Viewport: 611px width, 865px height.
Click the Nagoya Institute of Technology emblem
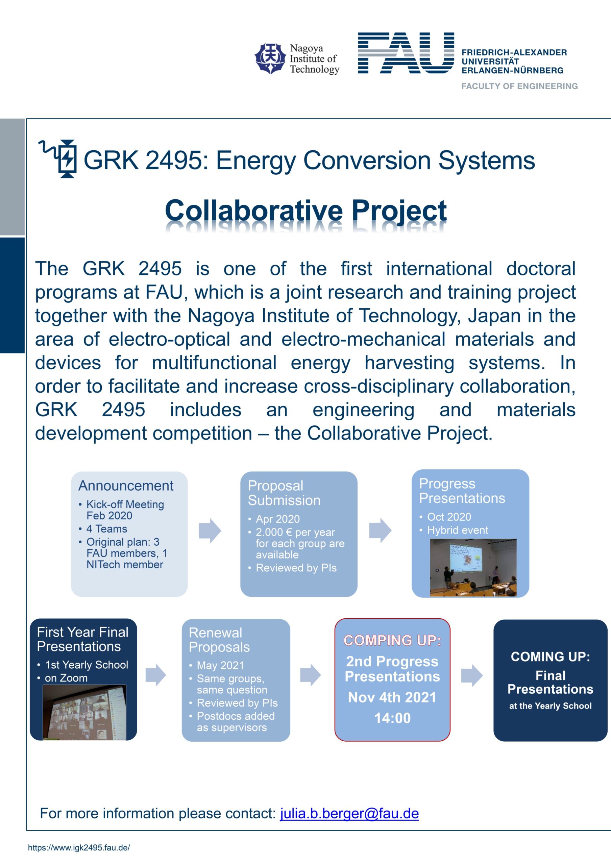[x=270, y=58]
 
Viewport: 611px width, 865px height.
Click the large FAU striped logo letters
[x=406, y=53]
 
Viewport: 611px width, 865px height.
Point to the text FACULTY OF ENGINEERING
[x=519, y=86]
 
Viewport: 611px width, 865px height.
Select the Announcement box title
[x=126, y=486]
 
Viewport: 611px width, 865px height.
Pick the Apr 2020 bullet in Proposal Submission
[x=278, y=519]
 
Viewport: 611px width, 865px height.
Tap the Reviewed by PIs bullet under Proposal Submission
[x=296, y=568]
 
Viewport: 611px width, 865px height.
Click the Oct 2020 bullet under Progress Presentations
[x=449, y=517]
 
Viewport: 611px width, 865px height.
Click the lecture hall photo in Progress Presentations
[x=473, y=567]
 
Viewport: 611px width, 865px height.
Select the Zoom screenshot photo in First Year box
[x=84, y=712]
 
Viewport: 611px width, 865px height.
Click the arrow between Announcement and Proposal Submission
[x=210, y=530]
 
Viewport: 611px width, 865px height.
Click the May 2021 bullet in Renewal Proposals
[x=220, y=665]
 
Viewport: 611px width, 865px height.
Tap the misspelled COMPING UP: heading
[x=392, y=640]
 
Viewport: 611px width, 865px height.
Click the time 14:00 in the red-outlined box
[x=392, y=718]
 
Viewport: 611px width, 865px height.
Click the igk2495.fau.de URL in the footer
[x=79, y=848]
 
